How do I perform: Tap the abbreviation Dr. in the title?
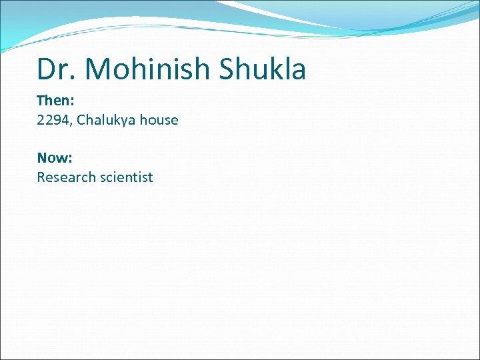pyautogui.click(x=57, y=69)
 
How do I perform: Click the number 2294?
pyautogui.click(x=52, y=120)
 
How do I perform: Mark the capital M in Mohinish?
pyautogui.click(x=101, y=69)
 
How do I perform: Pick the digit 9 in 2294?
pyautogui.click(x=55, y=120)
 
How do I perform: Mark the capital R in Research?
pyautogui.click(x=41, y=177)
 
